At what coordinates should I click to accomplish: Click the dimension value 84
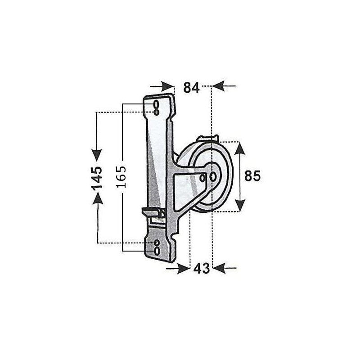pyautogui.click(x=191, y=88)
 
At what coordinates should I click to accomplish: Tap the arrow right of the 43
pyautogui.click(x=225, y=268)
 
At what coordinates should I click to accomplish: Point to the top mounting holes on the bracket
pyautogui.click(x=156, y=107)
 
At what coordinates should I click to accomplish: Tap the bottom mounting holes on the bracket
pyautogui.click(x=156, y=246)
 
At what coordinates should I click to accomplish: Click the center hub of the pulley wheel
pyautogui.click(x=213, y=176)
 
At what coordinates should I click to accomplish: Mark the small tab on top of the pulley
pyautogui.click(x=210, y=138)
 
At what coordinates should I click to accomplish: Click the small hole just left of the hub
pyautogui.click(x=203, y=178)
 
